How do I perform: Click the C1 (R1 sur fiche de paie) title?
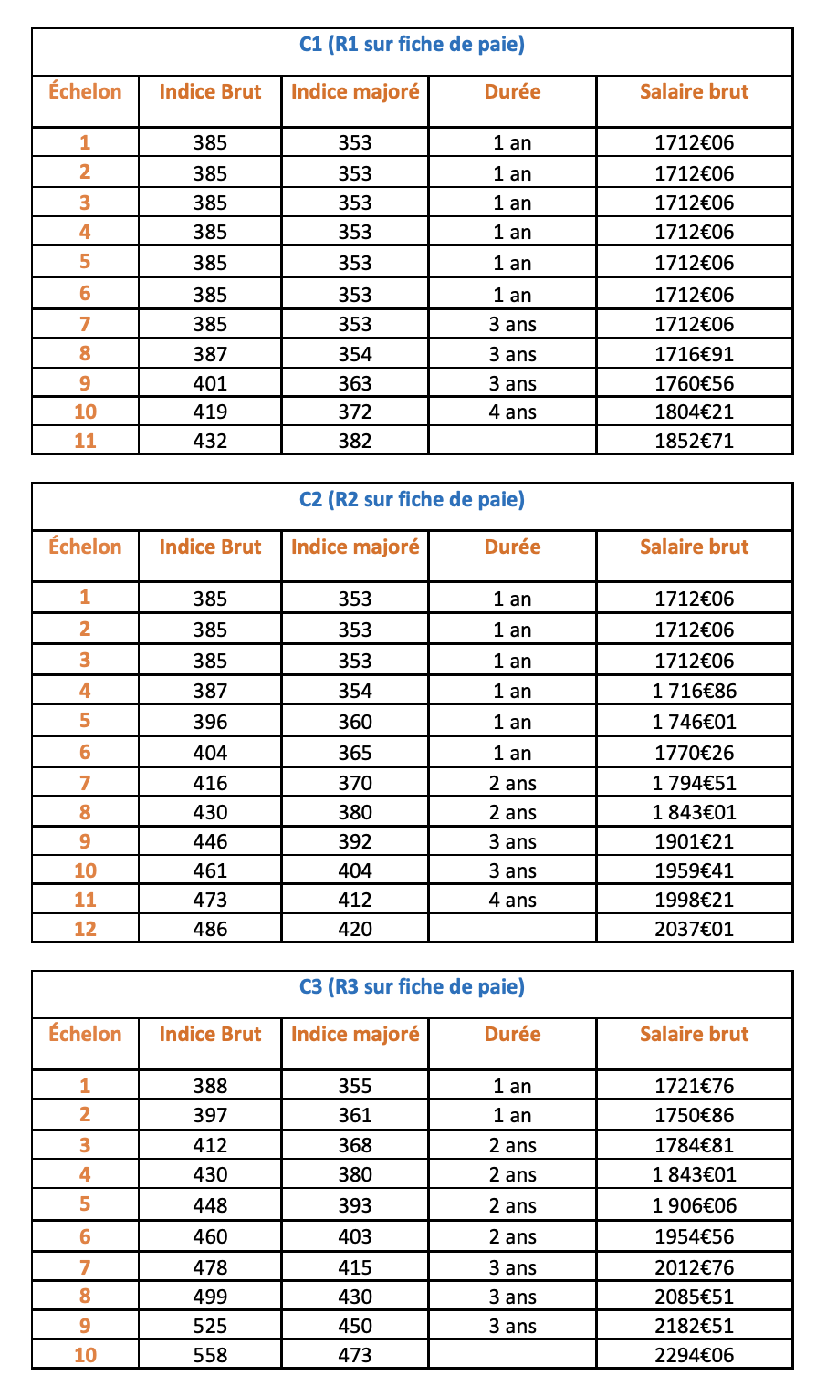(x=412, y=44)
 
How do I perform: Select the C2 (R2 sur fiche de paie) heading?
(x=412, y=499)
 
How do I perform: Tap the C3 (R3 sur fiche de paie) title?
(x=412, y=986)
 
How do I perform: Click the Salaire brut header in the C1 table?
(x=694, y=91)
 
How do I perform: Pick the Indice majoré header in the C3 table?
(x=355, y=1034)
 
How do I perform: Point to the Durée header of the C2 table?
(x=512, y=547)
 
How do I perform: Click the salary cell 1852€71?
(x=694, y=441)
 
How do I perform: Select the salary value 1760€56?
(x=694, y=383)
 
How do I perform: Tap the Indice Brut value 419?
(x=210, y=412)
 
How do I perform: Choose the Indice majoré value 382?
(x=355, y=441)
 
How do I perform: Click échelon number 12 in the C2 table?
(x=85, y=929)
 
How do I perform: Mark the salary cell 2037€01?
(x=694, y=929)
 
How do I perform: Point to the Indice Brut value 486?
(x=210, y=929)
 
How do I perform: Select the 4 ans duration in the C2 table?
(x=512, y=900)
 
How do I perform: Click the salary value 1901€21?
(x=694, y=841)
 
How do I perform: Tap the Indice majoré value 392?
(x=355, y=841)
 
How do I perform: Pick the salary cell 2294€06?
(x=694, y=1355)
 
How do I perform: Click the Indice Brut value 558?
(x=210, y=1355)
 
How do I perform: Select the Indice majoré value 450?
(x=355, y=1326)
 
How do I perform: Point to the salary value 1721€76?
(x=694, y=1086)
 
